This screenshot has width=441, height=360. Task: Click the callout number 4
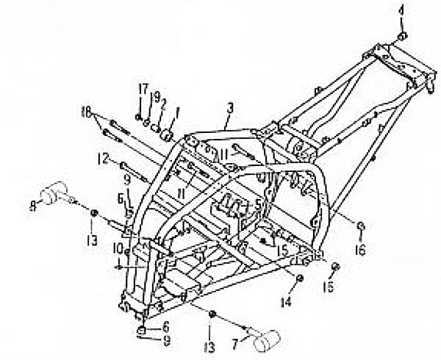(x=401, y=11)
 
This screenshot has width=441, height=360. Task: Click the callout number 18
(x=86, y=112)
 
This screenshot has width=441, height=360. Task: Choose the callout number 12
(x=104, y=157)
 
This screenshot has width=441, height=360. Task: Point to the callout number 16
(x=361, y=250)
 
